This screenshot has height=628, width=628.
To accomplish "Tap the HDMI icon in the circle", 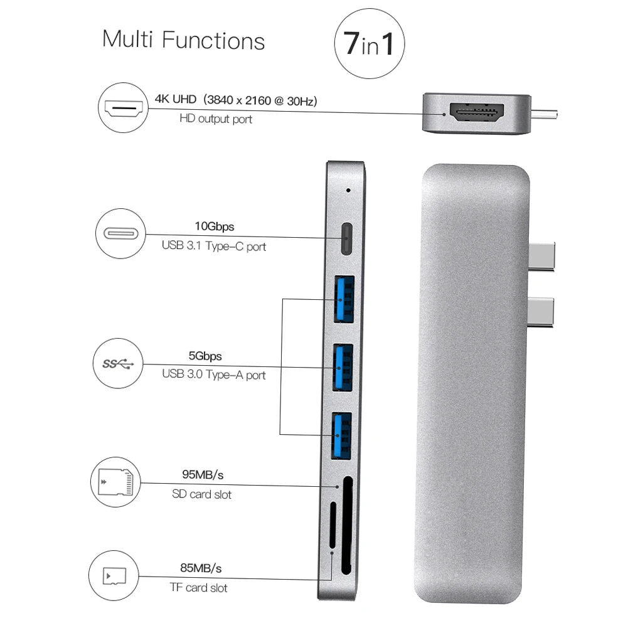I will point(123,110).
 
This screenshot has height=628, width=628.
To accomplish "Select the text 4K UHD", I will point(176,99).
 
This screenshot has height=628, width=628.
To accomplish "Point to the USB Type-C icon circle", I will point(119,234).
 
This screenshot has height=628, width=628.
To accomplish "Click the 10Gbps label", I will point(215,226).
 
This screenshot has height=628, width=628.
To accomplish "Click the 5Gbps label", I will point(205,356).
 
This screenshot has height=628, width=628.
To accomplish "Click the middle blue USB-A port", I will point(344,368).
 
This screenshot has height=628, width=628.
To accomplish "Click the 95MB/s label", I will point(202,474).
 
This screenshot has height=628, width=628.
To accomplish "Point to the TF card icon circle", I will point(114,575).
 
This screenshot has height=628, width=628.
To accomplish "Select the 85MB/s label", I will point(201,569).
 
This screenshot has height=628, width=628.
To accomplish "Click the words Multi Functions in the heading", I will point(183,40).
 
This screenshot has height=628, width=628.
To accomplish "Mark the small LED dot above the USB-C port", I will point(348,189).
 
